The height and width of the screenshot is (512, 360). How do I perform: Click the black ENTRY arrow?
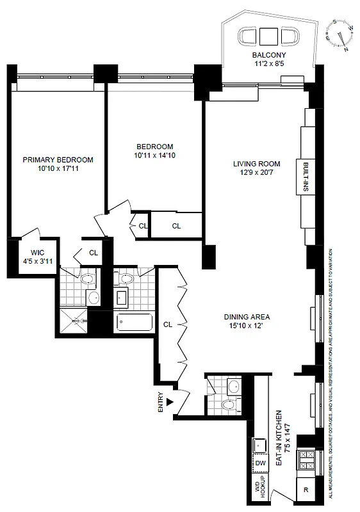point(170,402)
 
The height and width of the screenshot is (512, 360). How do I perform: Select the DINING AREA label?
point(247,317)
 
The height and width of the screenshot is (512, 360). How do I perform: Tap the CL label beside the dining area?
point(168,324)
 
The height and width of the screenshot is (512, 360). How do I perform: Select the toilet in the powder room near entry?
point(225,405)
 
